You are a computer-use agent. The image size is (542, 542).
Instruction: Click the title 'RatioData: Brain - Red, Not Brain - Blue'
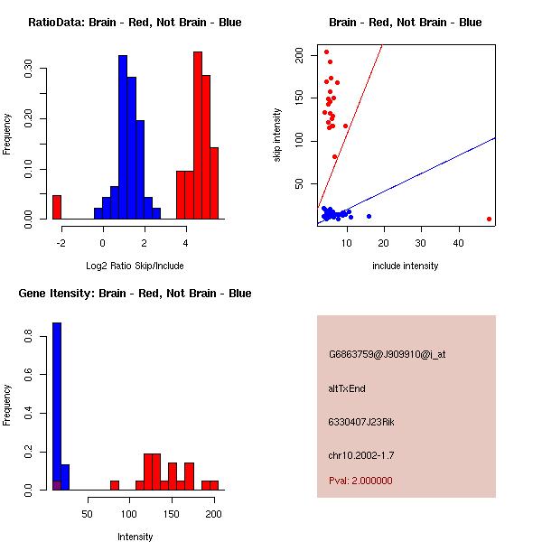click(x=135, y=22)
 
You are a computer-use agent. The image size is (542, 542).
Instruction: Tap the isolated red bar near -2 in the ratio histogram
click(x=57, y=207)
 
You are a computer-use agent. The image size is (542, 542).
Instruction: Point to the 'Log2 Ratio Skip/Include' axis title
click(x=135, y=266)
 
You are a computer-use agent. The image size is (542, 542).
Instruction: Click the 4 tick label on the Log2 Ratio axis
click(x=185, y=241)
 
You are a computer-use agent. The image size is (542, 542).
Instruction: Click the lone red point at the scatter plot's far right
click(x=489, y=219)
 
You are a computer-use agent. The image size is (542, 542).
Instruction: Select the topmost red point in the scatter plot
click(x=326, y=51)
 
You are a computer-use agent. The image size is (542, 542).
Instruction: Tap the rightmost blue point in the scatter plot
click(x=369, y=216)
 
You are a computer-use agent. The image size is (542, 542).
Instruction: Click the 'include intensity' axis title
click(x=406, y=266)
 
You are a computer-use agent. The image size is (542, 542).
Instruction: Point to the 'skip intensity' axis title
click(x=277, y=135)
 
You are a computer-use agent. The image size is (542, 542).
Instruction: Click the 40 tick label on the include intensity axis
click(x=458, y=243)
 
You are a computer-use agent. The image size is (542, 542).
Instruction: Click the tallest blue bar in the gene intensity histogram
click(x=57, y=406)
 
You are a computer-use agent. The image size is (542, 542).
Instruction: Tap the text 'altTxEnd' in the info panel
click(x=347, y=388)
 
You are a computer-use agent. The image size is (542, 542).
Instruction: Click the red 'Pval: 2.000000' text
click(x=360, y=481)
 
